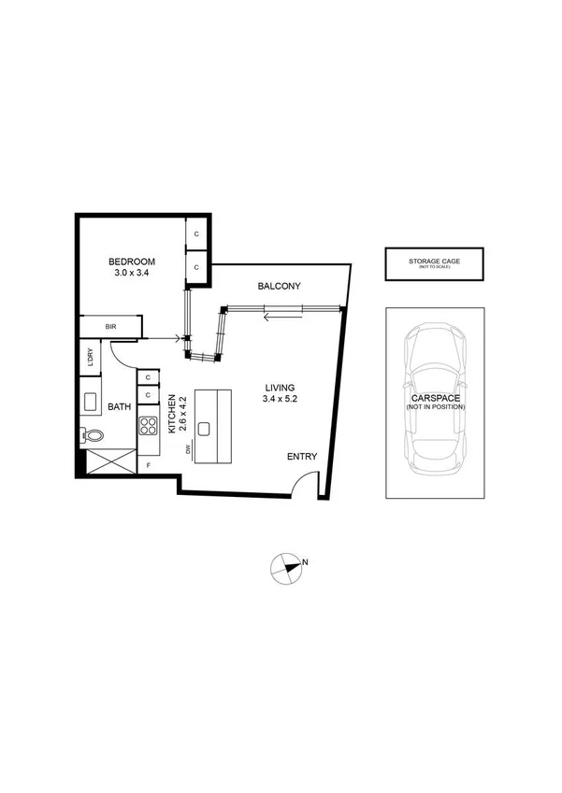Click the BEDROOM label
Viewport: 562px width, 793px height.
pos(132,261)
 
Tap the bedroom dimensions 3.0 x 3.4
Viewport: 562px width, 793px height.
pos(132,275)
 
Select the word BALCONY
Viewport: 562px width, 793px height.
pos(280,287)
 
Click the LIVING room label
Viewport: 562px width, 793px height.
pos(281,387)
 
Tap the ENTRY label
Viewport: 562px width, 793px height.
pos(302,457)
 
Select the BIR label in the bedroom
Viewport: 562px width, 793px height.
pos(110,327)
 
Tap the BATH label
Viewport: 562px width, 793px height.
pos(119,406)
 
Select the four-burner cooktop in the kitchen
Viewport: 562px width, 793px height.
pos(149,426)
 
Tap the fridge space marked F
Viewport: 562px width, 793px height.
pos(149,464)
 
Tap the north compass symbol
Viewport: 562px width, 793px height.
pos(287,567)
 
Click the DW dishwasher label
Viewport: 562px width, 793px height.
pos(190,450)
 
